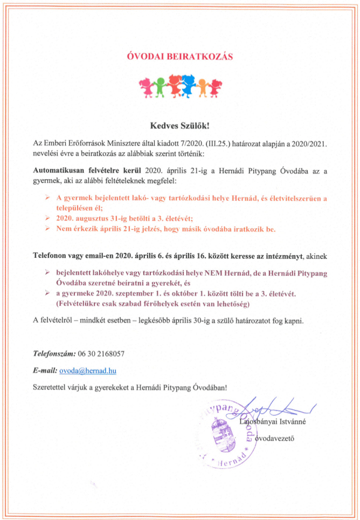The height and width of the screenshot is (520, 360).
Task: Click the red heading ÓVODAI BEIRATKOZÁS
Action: [x=179, y=56]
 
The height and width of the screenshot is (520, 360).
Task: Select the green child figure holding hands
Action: [x=160, y=87]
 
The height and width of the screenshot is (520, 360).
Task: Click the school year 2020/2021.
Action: [x=309, y=143]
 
